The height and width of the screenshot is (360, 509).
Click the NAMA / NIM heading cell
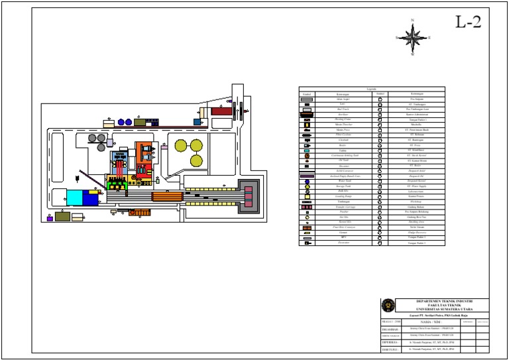point(430,322)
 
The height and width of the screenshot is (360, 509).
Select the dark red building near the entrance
point(221,111)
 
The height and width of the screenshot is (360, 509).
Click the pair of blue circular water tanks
point(125,122)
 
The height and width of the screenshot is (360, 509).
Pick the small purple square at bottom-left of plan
point(50,219)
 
